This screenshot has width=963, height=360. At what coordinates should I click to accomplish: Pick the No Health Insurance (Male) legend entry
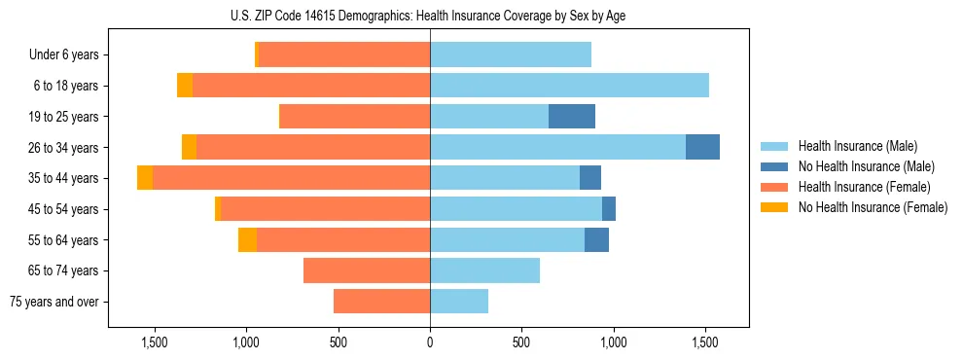(866, 166)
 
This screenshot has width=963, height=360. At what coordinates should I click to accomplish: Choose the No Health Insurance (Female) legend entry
(872, 207)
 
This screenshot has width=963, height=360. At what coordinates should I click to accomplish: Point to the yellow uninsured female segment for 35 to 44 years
(145, 178)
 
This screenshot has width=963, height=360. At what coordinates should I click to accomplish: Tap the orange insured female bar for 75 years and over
(381, 302)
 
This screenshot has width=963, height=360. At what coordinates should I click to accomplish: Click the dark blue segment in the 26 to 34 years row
(702, 147)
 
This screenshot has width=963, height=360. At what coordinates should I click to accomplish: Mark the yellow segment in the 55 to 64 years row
(247, 239)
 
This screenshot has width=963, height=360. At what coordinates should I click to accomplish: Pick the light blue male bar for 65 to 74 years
(484, 270)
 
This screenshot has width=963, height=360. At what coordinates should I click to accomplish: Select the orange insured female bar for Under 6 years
(344, 54)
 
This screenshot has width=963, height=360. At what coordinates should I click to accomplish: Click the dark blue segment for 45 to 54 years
(609, 208)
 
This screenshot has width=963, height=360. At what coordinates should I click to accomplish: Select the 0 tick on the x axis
(430, 342)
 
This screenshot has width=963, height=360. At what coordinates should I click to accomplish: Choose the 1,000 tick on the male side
(613, 342)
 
